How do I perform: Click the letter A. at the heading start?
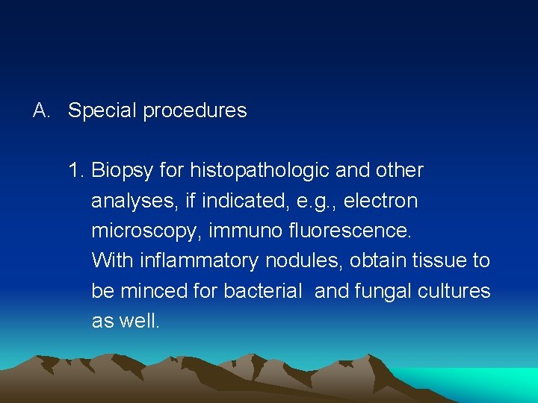(41, 110)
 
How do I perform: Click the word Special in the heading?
(102, 111)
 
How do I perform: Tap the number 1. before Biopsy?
(75, 171)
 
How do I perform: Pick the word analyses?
(127, 201)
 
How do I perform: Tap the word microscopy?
(146, 231)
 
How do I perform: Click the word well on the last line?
(142, 321)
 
